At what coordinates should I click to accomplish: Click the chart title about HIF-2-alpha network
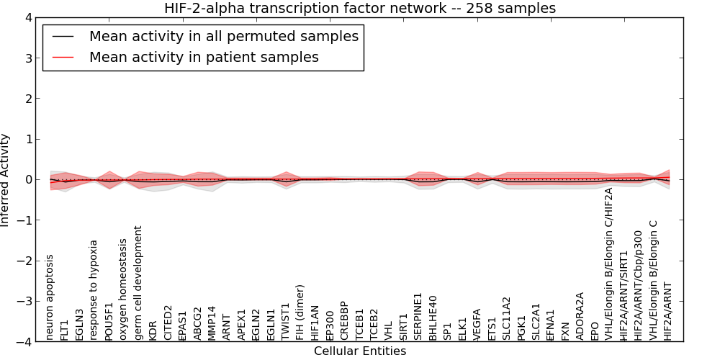tap(360, 8)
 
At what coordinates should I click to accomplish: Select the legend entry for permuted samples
tap(223, 36)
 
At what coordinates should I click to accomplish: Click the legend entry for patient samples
tap(204, 57)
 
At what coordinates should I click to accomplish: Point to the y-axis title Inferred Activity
tap(6, 179)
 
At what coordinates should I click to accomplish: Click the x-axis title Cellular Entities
tap(360, 351)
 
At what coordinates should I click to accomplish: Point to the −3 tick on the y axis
tap(25, 301)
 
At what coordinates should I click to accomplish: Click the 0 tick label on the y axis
tap(28, 179)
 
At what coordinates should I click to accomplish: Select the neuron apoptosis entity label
tap(50, 296)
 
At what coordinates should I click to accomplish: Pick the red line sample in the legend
tap(63, 57)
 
